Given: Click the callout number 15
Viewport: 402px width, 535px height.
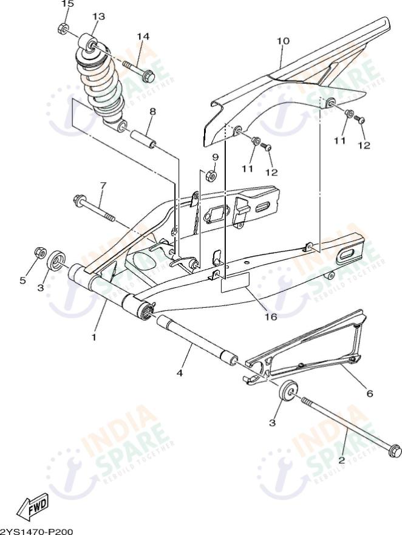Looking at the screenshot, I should coord(67,4).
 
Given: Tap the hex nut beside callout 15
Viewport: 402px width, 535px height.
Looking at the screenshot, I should coord(63,29).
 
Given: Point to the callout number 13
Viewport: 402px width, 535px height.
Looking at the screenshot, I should coord(98,16).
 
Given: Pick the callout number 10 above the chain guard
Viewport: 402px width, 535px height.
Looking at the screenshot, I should coord(283,41).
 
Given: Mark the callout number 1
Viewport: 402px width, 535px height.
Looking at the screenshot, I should coord(94,336).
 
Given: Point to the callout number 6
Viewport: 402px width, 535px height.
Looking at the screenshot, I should coord(369,393).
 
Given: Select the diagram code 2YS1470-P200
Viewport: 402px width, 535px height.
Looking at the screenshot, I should coord(36,531).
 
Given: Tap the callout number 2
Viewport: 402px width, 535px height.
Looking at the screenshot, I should coord(341,460).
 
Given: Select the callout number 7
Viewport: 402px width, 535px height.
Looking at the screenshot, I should coord(103,185).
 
